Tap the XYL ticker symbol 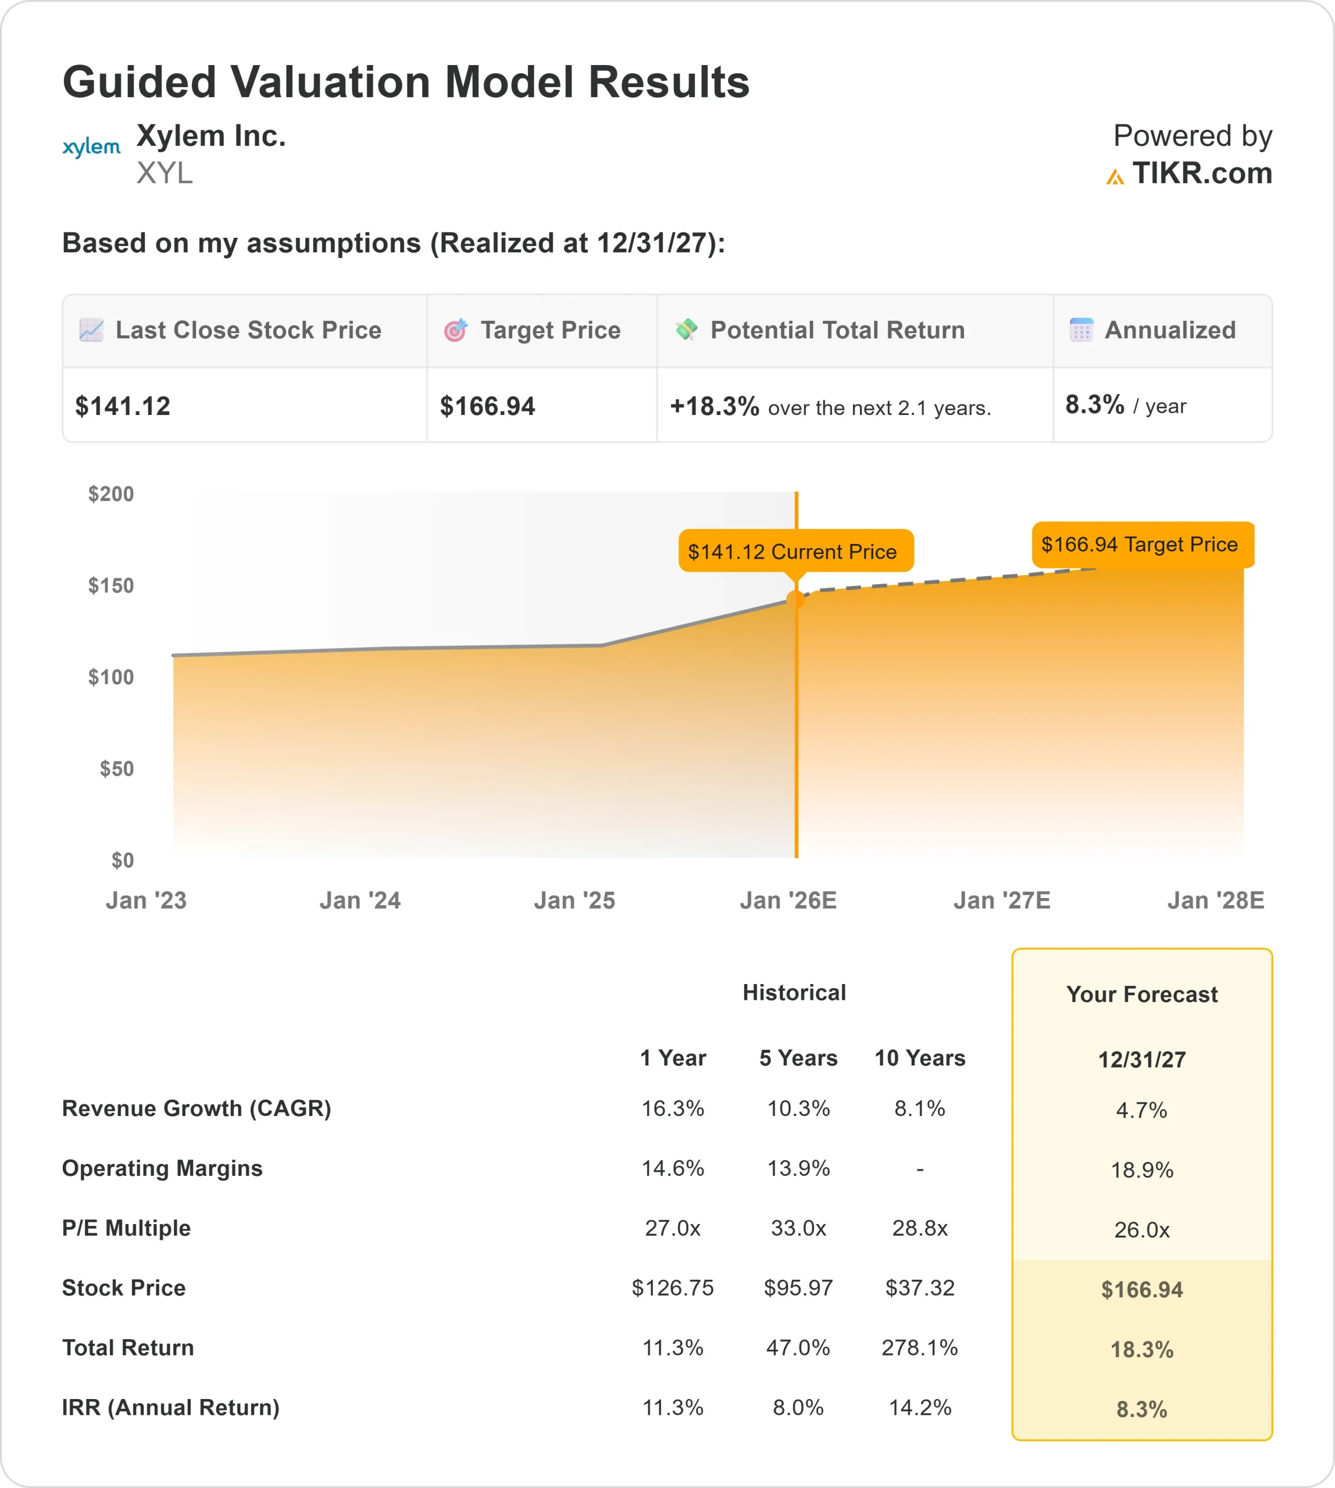coord(165,173)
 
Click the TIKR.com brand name coord(1201,174)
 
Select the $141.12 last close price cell coord(123,406)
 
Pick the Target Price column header coord(550,331)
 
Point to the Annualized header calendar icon coord(1081,330)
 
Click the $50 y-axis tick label coord(117,768)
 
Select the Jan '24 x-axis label coord(360,900)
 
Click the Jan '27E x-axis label coord(1001,900)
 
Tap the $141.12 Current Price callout coord(796,552)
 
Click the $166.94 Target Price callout coord(1142,544)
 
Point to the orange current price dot coord(796,599)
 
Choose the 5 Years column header coord(798,1058)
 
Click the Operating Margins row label coord(162,1168)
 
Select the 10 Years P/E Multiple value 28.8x coord(920,1228)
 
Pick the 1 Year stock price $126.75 coord(673,1288)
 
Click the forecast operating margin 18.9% coord(1141,1169)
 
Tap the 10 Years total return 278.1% coord(920,1348)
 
